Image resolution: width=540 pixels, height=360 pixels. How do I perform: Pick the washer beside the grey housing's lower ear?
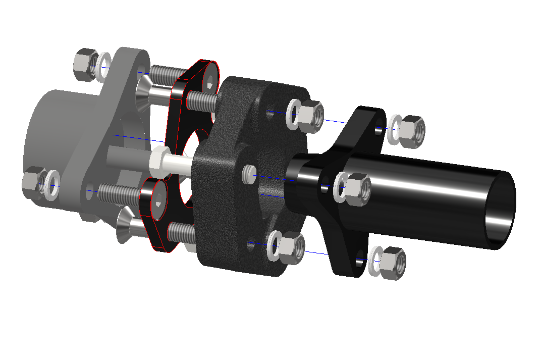[x=52, y=182]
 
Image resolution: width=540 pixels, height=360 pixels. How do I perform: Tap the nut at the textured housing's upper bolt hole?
[x=309, y=115]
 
